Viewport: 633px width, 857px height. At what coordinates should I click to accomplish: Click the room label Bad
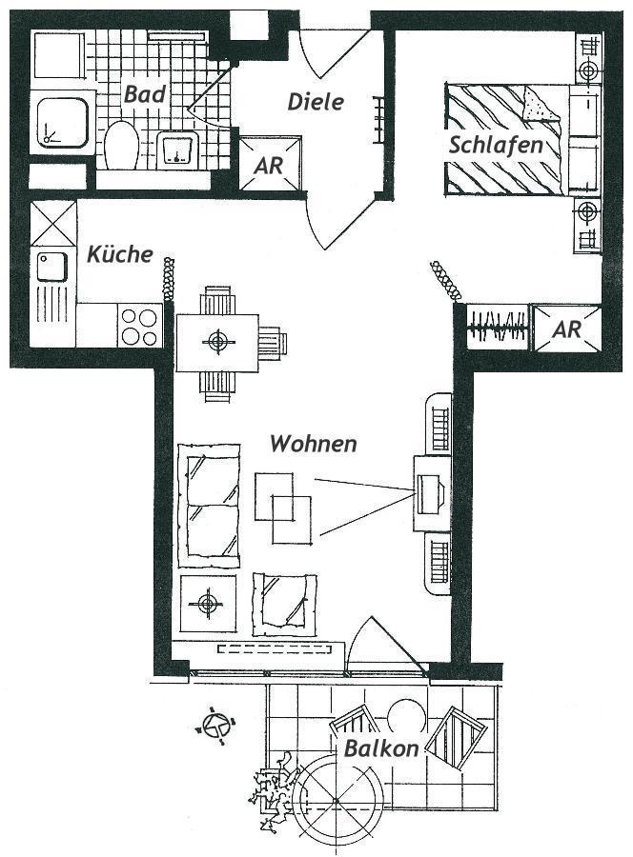(145, 94)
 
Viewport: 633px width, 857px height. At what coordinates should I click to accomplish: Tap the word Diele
(316, 102)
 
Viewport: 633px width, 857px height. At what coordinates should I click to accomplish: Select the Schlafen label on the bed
(496, 145)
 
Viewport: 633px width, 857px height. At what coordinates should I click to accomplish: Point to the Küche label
(120, 254)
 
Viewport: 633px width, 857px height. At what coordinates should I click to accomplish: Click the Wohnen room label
(314, 443)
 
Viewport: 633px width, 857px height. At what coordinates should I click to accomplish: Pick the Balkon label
(381, 748)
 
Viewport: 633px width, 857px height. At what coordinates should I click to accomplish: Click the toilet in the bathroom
(121, 146)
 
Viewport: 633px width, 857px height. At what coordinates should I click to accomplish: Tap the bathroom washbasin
(177, 149)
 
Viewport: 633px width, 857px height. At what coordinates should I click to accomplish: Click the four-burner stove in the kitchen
(140, 326)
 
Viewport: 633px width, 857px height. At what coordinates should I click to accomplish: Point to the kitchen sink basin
(52, 268)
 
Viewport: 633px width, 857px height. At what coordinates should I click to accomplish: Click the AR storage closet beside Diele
(271, 164)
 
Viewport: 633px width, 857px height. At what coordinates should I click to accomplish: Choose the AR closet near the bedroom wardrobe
(567, 329)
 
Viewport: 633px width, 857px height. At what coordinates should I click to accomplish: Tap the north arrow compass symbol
(215, 726)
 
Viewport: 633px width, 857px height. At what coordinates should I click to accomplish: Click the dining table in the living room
(217, 343)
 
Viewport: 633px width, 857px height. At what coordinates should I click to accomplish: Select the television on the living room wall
(430, 493)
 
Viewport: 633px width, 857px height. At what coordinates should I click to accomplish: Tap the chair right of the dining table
(273, 342)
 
